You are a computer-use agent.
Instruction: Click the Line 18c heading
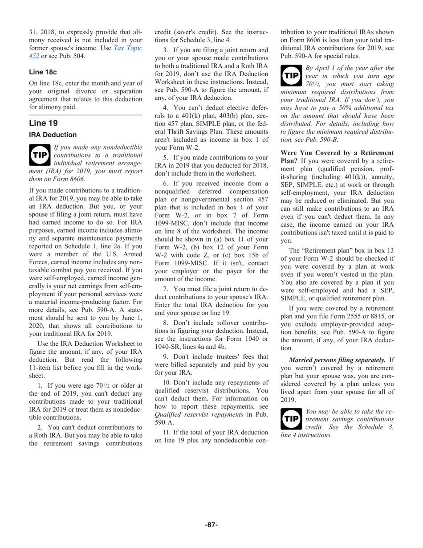click(x=43, y=72)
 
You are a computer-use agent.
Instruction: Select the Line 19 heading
click(x=43, y=123)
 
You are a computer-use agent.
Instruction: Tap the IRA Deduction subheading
click(x=53, y=135)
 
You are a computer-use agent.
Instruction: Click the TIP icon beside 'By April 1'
click(x=291, y=75)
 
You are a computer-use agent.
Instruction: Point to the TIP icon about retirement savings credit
click(x=291, y=419)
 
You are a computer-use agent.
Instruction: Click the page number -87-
click(x=211, y=525)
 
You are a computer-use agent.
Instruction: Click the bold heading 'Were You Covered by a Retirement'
click(x=337, y=153)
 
